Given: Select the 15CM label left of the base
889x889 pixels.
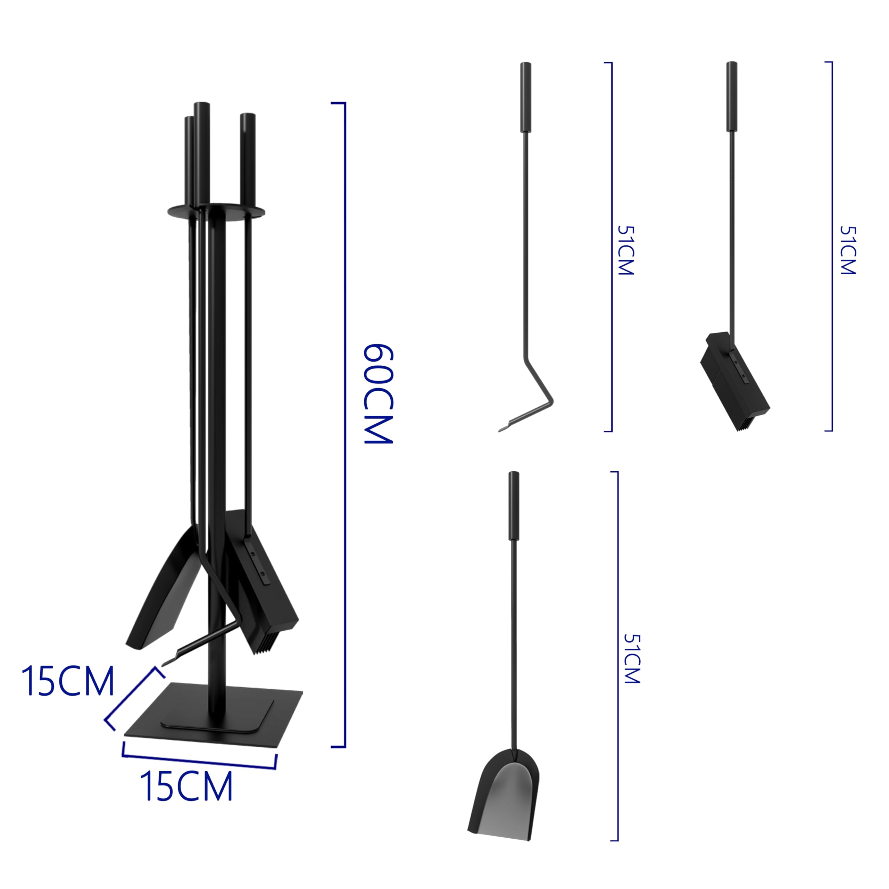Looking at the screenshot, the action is (68, 681).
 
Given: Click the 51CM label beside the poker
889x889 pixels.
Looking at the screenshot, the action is (625, 250).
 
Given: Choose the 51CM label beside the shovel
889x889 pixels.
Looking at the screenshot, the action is (632, 659).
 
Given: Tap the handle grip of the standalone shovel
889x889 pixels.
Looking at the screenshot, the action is (514, 505).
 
